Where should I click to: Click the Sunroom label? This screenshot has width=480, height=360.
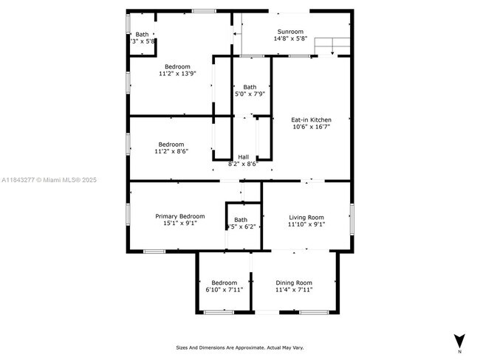289,32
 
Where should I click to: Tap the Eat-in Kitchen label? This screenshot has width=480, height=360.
310,120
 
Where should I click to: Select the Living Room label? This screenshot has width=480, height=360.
306,217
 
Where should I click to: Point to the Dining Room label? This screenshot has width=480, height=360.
294,283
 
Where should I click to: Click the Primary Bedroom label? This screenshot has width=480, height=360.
180,216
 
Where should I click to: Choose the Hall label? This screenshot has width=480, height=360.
243,156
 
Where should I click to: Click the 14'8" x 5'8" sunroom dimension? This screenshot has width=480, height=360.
289,39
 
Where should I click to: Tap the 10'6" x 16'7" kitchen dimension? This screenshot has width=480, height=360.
310,127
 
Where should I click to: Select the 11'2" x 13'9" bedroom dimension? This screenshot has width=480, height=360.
177,74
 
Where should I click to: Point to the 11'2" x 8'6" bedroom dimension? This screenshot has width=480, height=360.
171,151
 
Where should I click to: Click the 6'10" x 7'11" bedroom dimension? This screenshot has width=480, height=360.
224,290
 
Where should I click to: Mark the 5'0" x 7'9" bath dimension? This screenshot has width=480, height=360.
250,94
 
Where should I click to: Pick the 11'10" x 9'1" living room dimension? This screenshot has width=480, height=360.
306,224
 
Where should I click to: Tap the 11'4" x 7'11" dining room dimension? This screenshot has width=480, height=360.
294,290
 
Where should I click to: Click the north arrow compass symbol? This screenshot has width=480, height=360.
459,341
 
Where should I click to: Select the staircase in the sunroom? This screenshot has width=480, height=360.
332,46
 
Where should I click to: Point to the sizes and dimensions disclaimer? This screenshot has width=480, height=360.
239,347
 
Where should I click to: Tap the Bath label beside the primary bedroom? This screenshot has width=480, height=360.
241,220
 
